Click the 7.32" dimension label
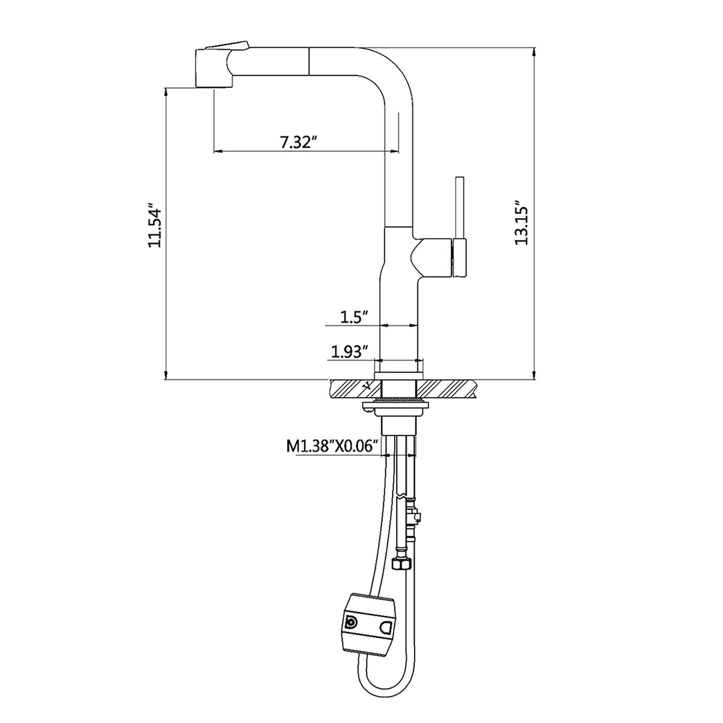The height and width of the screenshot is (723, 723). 299,142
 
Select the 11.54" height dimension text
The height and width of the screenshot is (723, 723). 155,225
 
